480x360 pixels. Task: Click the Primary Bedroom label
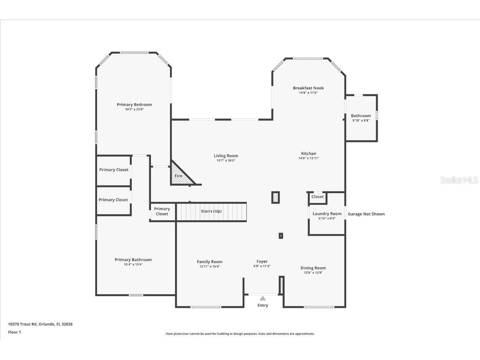point(134,105)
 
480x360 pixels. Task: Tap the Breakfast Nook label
point(308,88)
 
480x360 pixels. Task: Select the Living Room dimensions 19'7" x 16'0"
point(226,161)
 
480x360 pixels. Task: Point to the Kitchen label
point(309,154)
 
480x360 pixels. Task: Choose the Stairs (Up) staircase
point(211,211)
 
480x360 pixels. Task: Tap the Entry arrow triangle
point(263,298)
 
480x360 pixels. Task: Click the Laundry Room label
point(327,214)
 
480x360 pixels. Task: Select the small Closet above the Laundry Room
point(317,197)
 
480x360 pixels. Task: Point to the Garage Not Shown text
point(366,214)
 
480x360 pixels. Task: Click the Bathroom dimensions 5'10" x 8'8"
point(361,121)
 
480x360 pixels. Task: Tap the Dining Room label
point(313,268)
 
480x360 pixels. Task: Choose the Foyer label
point(262,262)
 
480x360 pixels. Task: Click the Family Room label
point(210,262)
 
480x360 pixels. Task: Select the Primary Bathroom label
point(133,259)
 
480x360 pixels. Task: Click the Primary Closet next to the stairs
point(162,211)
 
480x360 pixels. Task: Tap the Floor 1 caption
point(15,332)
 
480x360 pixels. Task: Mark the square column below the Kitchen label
point(276,197)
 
